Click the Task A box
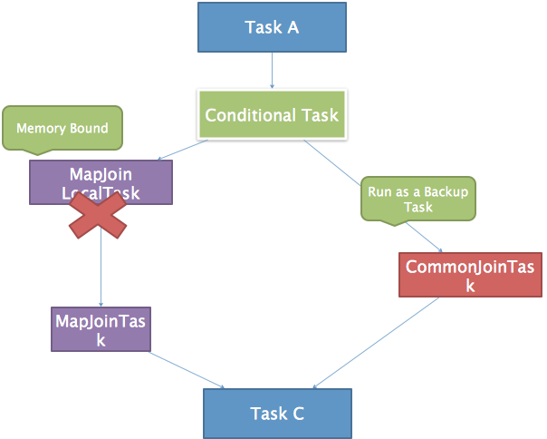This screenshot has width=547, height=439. coord(272,27)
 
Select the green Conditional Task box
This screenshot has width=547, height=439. coord(272,115)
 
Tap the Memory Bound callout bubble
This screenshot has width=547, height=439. coord(62,128)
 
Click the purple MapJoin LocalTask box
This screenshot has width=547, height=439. coord(101,182)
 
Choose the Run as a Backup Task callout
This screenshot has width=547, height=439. coord(417,200)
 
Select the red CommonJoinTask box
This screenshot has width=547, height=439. coord(470,276)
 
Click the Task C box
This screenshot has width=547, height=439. coord(276,414)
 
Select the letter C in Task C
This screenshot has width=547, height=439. coord(297,414)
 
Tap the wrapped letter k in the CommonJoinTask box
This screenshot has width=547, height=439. coord(470,286)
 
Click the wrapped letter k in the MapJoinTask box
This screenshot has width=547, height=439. coord(101,340)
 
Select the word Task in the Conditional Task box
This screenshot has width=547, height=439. coord(319,115)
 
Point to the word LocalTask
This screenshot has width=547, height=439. coord(101,192)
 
